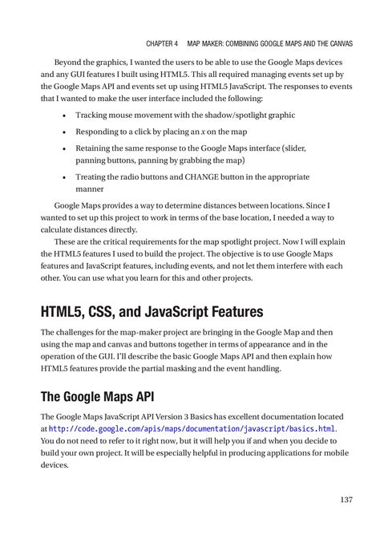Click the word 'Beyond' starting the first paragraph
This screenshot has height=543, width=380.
(68, 61)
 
